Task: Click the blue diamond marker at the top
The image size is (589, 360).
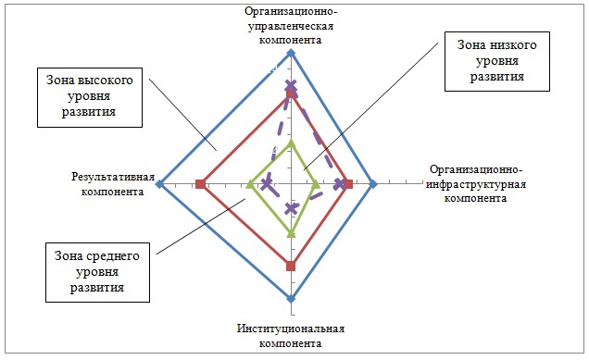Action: click(291, 54)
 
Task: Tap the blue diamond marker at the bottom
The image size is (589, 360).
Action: click(291, 299)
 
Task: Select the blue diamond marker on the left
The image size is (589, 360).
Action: click(159, 184)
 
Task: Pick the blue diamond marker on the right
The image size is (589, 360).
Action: click(373, 184)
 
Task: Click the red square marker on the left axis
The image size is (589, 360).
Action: click(200, 184)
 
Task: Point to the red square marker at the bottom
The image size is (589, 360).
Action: click(291, 267)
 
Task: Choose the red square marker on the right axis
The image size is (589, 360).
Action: click(349, 184)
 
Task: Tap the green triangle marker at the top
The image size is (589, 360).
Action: click(291, 143)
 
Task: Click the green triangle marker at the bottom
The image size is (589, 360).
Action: click(291, 233)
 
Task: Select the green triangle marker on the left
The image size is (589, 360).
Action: click(249, 184)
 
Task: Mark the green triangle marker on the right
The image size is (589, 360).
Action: click(316, 184)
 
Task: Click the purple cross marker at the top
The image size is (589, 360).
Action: click(291, 87)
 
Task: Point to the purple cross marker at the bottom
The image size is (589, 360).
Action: click(291, 208)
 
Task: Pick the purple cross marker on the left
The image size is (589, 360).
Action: click(267, 184)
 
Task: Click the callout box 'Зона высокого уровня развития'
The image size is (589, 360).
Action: click(90, 97)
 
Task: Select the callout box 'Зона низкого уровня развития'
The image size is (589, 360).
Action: click(497, 62)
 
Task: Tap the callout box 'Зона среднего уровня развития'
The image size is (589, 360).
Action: click(97, 272)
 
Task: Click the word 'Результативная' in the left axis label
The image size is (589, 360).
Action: click(113, 177)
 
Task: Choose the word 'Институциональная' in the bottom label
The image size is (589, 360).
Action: click(291, 329)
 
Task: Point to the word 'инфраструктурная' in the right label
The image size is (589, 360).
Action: click(476, 184)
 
